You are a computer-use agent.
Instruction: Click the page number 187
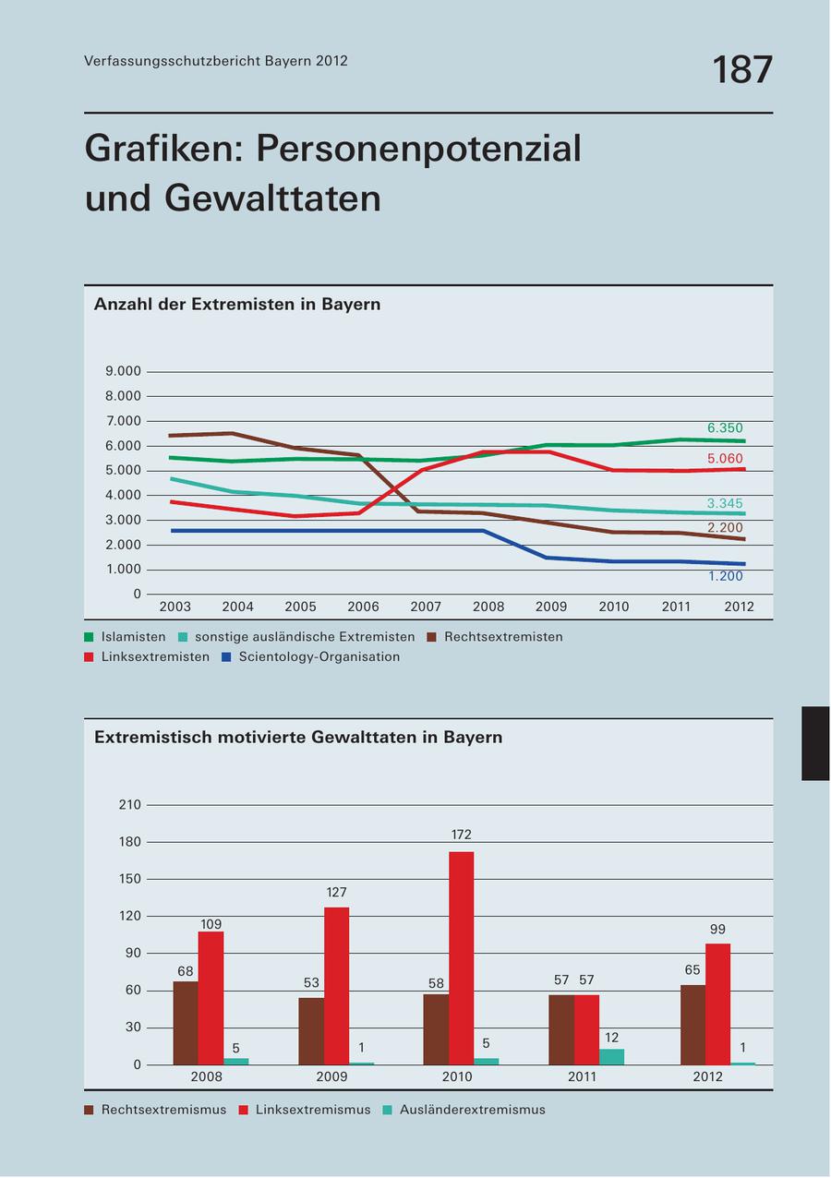741,70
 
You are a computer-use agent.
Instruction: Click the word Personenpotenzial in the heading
419,148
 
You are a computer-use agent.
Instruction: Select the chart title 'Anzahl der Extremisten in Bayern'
237,304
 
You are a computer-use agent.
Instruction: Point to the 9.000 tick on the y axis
124,372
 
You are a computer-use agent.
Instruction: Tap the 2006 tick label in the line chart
363,607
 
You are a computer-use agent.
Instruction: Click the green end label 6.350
725,428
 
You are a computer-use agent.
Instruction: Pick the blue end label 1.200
725,576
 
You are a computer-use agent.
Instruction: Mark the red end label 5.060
725,459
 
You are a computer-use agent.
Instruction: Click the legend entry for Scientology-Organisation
311,657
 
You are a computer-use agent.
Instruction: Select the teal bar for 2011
611,1056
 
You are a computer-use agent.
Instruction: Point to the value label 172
462,835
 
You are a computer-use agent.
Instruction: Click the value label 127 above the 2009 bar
337,893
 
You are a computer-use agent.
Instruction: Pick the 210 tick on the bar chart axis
130,805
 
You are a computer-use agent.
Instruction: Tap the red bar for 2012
717,1004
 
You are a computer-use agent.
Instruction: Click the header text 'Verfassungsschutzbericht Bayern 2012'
216,61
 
